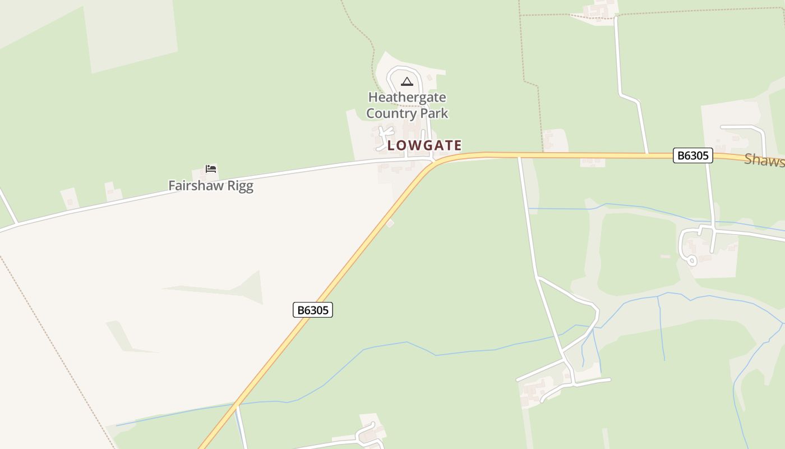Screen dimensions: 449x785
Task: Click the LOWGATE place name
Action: [424, 145]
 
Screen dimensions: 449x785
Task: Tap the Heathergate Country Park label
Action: [407, 105]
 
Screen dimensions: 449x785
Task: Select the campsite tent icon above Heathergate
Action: [407, 82]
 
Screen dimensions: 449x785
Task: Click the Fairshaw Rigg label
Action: [211, 186]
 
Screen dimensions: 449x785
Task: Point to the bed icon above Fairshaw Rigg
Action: [211, 168]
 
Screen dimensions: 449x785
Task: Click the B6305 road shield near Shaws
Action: [692, 155]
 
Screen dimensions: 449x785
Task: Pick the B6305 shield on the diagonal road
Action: [313, 310]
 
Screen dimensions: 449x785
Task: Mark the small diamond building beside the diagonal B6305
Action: [390, 223]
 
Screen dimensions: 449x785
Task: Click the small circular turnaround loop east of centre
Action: [692, 260]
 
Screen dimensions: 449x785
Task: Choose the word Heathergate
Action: [407, 97]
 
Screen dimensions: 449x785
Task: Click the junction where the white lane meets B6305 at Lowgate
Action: [433, 161]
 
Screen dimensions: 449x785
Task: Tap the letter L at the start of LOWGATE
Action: [391, 145]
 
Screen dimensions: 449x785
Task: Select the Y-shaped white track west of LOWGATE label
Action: [385, 135]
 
